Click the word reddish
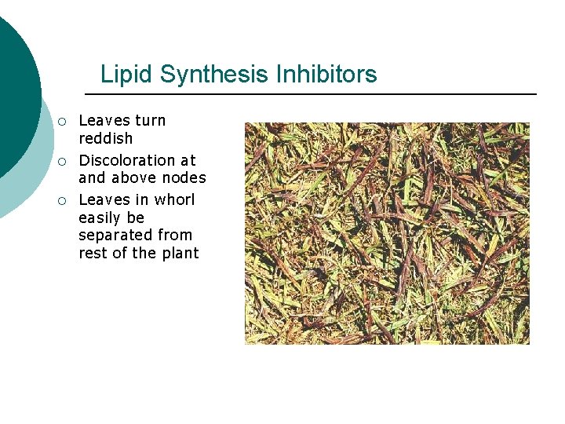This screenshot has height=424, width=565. tap(106, 138)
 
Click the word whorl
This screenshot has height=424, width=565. tap(174, 199)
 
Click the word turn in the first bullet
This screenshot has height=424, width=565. tap(150, 120)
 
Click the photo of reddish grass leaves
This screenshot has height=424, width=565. tap(387, 233)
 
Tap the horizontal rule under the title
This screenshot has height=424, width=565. tap(310, 94)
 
